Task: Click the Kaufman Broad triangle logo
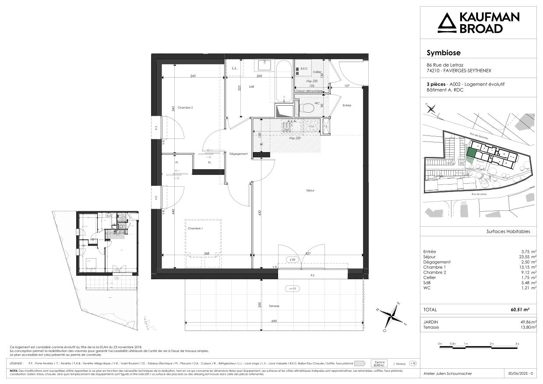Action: (x=447, y=23)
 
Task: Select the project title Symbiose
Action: (x=443, y=53)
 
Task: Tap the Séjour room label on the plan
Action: (x=310, y=190)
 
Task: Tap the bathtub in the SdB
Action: (x=284, y=82)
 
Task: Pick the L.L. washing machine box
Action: (x=235, y=68)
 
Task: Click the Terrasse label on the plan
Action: (x=275, y=306)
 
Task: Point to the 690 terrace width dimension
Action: (x=274, y=321)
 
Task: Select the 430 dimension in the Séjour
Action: (x=259, y=213)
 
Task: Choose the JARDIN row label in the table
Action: (x=431, y=322)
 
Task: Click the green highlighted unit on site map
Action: (x=471, y=153)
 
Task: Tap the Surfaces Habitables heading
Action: (x=508, y=231)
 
